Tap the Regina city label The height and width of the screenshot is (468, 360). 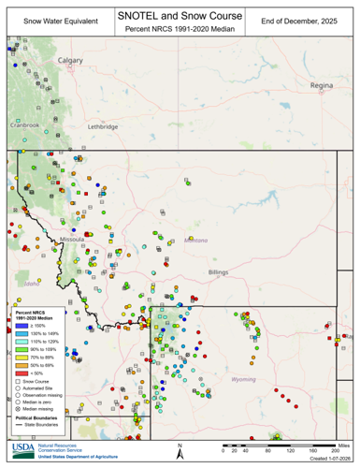click(321, 84)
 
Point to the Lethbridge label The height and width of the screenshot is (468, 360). click(102, 126)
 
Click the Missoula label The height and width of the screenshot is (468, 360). click(71, 240)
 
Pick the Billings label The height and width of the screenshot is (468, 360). click(218, 271)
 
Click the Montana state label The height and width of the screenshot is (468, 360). click(195, 240)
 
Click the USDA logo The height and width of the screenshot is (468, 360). click(24, 450)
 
